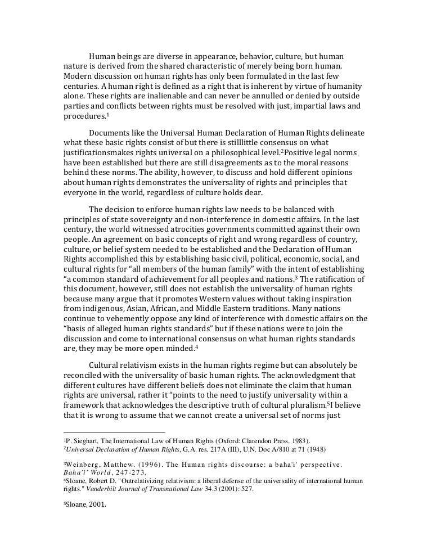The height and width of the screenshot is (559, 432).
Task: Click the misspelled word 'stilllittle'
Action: [245, 143]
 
